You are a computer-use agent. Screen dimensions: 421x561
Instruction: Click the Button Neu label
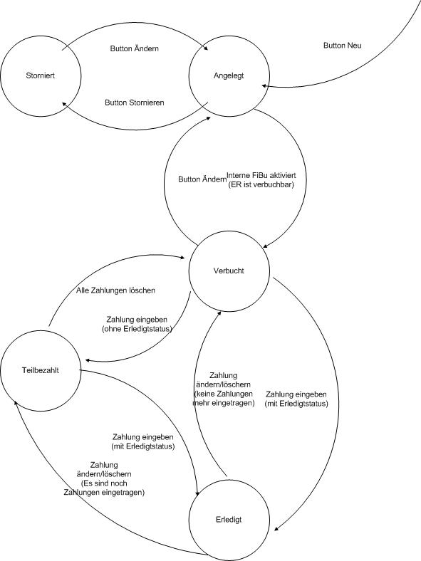342,46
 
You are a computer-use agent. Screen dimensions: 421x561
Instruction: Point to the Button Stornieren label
134,103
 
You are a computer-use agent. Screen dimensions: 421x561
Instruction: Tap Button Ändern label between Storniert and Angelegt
134,48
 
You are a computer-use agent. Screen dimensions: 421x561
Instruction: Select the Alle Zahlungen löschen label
115,290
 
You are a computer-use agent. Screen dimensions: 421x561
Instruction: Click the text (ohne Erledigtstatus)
137,329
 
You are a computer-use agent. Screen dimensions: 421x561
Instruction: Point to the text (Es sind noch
104,483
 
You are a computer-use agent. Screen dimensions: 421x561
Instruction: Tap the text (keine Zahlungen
224,394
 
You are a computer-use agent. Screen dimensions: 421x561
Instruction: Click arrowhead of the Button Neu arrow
264,86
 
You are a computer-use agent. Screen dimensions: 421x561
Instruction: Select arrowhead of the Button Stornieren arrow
64,104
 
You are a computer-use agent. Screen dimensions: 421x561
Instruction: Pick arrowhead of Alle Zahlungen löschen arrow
182,257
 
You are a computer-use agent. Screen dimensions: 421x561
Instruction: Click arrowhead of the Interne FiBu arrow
266,246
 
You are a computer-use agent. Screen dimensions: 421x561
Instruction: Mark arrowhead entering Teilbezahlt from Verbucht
88,360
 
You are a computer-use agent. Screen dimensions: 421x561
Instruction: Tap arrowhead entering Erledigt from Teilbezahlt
197,493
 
